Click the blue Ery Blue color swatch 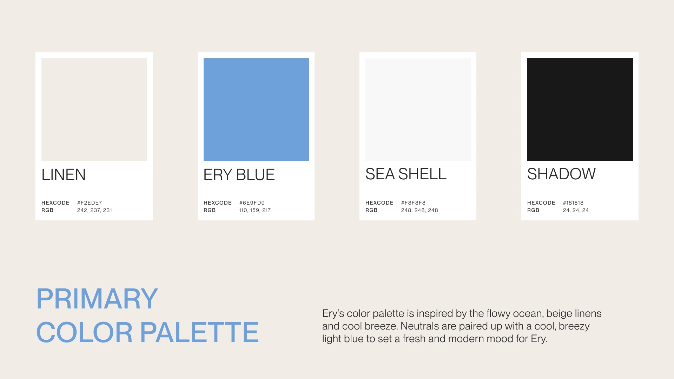pyautogui.click(x=256, y=109)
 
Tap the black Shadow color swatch pyautogui.click(x=580, y=109)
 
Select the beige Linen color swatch pyautogui.click(x=94, y=109)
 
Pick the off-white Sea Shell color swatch pyautogui.click(x=418, y=109)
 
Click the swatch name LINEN pyautogui.click(x=64, y=175)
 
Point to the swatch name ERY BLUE pyautogui.click(x=239, y=175)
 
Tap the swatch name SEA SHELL pyautogui.click(x=406, y=174)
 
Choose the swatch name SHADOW pyautogui.click(x=561, y=174)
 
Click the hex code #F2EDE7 pyautogui.click(x=90, y=203)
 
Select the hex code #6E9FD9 pyautogui.click(x=252, y=203)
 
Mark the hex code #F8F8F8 pyautogui.click(x=413, y=203)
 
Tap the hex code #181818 pyautogui.click(x=573, y=203)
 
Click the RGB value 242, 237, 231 pyautogui.click(x=94, y=210)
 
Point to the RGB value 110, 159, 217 pyautogui.click(x=255, y=210)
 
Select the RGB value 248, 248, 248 pyautogui.click(x=419, y=210)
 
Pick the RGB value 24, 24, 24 pyautogui.click(x=576, y=210)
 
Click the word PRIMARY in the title pyautogui.click(x=97, y=299)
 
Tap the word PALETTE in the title pyautogui.click(x=199, y=332)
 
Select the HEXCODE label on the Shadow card pyautogui.click(x=541, y=203)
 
